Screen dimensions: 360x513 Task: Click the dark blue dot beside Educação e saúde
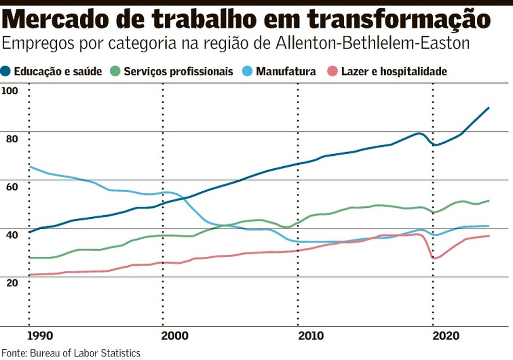[x=6, y=71]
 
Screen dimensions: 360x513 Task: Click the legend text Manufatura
[x=286, y=71]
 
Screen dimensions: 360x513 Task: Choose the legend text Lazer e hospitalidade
[x=394, y=71]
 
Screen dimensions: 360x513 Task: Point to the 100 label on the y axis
[x=10, y=91]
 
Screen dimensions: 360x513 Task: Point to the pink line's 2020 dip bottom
[x=433, y=258]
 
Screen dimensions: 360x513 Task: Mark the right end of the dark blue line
[x=488, y=108]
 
